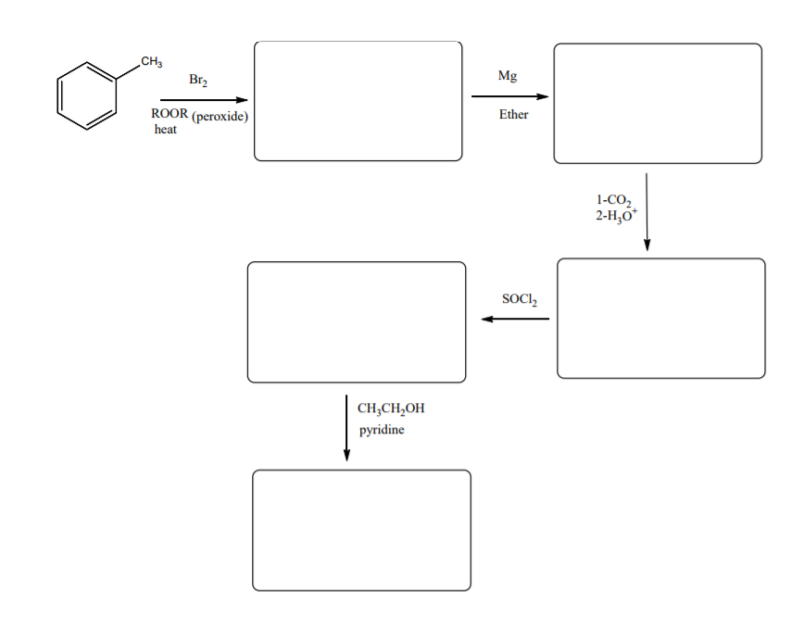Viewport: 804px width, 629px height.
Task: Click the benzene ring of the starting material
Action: click(87, 95)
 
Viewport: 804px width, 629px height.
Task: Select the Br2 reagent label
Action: click(198, 81)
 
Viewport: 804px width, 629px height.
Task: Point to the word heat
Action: click(165, 130)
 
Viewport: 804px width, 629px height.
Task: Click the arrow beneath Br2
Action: click(204, 100)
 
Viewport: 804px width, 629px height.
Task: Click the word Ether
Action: click(513, 115)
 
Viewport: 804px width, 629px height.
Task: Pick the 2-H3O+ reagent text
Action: click(616, 215)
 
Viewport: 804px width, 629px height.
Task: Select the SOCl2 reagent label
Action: click(519, 299)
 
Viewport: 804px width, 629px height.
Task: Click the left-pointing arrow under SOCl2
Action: click(515, 319)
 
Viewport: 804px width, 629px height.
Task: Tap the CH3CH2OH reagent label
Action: click(390, 409)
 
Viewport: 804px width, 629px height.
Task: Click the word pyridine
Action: click(381, 431)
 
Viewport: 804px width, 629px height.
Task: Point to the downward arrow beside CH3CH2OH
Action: click(346, 427)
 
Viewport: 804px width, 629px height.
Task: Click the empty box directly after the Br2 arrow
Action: click(358, 101)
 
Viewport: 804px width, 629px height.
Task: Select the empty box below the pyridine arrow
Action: click(361, 530)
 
